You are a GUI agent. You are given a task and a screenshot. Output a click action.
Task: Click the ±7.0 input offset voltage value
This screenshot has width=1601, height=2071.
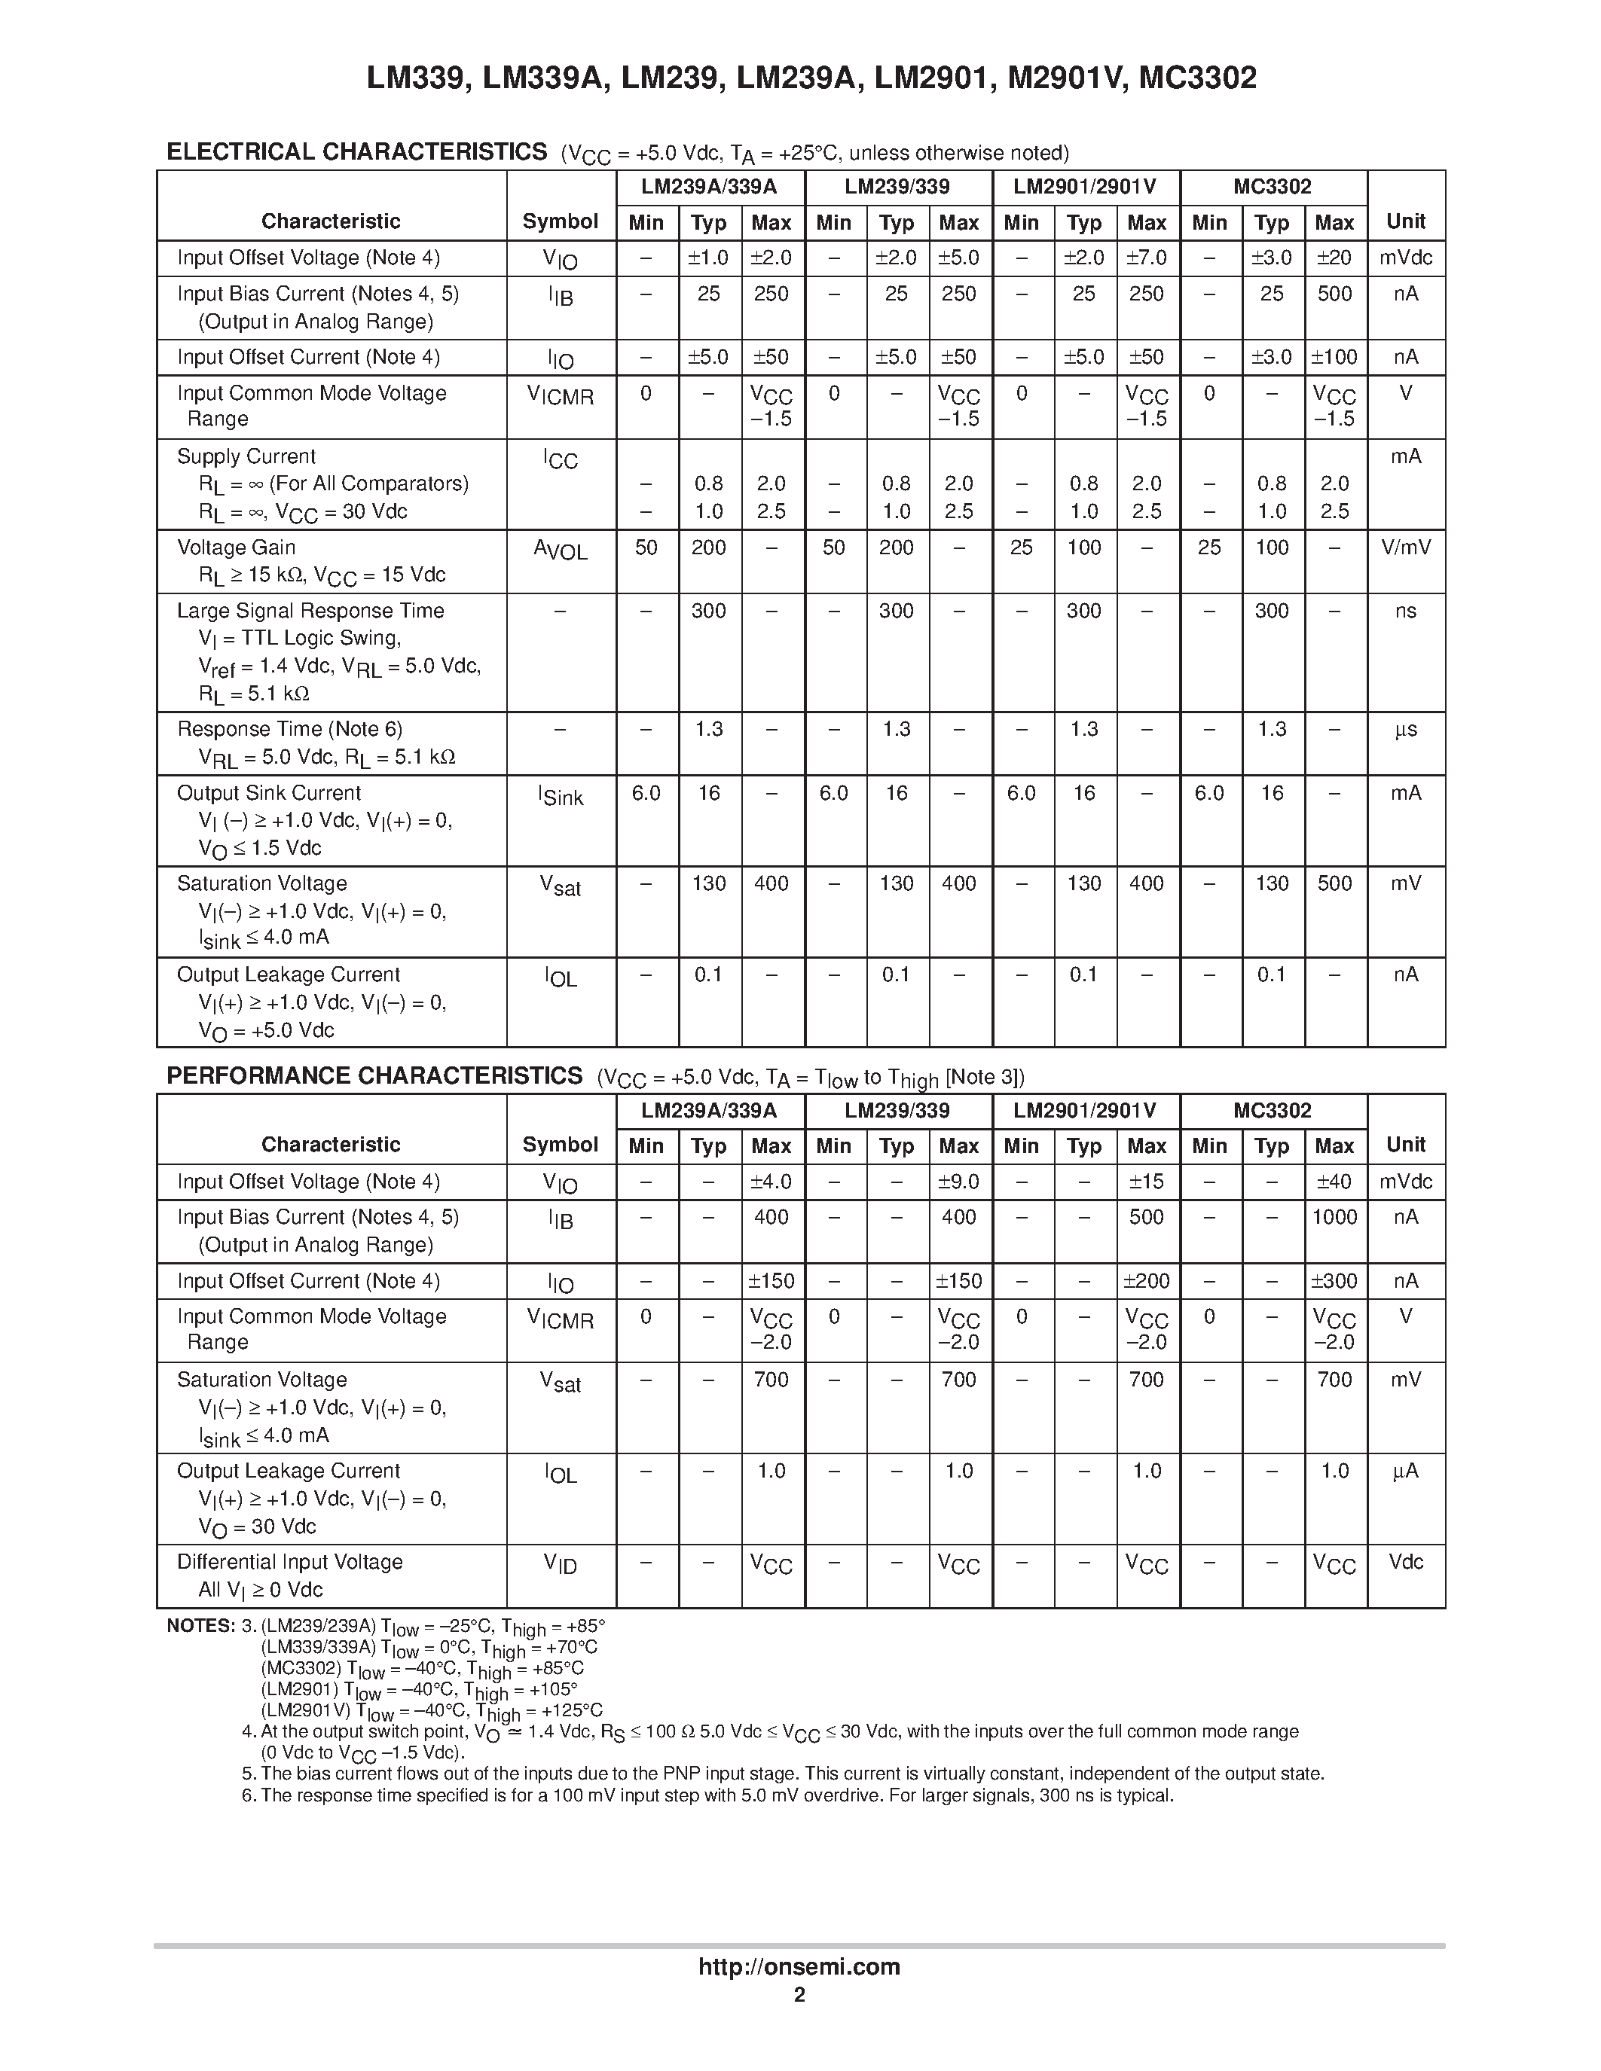coord(1146,258)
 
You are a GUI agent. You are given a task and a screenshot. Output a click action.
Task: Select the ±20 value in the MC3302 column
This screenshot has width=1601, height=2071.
coord(1334,258)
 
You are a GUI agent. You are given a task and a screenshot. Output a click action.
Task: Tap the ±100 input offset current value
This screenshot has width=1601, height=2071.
coord(1334,358)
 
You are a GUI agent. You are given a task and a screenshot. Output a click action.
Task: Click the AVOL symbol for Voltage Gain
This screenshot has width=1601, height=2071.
coord(560,550)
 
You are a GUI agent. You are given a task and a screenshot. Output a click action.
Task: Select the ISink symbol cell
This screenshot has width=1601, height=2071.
coord(560,797)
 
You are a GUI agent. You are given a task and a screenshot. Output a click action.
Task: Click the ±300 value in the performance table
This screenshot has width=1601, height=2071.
coord(1334,1281)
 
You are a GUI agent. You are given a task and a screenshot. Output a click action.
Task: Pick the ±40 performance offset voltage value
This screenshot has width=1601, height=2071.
coord(1334,1182)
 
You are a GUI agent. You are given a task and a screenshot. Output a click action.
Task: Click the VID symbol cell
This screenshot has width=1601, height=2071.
coord(560,1565)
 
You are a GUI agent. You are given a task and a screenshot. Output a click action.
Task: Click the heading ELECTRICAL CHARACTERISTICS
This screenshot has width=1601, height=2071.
coord(356,151)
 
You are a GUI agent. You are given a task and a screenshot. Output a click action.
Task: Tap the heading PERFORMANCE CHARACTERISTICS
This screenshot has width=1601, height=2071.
coord(374,1075)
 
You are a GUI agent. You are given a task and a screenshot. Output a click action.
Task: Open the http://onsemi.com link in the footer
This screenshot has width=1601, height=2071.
coord(799,1966)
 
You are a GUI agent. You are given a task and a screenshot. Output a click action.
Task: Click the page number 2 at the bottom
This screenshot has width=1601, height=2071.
coord(799,1995)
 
